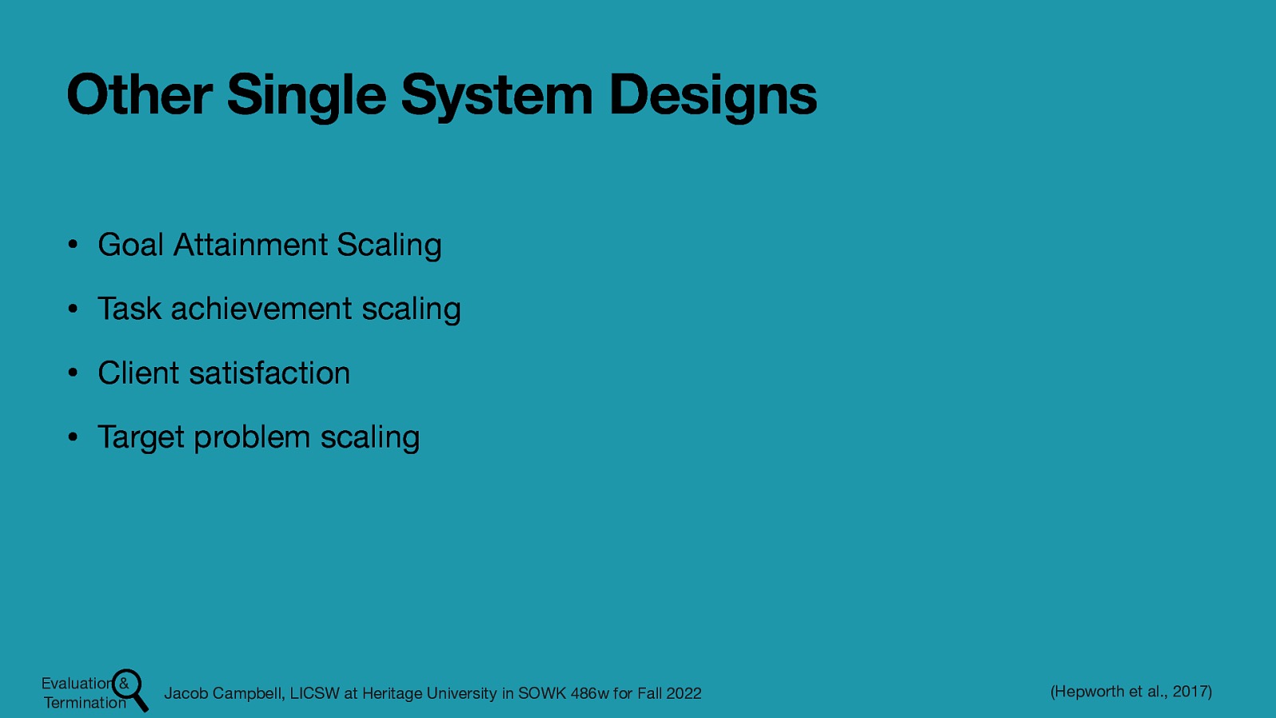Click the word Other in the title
139,95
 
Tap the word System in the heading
496,95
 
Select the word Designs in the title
712,95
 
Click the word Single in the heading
306,95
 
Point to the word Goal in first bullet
130,245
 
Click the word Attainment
250,245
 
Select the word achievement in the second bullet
261,309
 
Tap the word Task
128,309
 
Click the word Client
138,373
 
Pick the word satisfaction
270,373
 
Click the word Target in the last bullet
140,437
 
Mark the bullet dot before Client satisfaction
72,373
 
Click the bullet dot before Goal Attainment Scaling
72,245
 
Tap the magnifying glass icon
130,688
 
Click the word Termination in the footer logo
85,703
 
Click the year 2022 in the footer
683,693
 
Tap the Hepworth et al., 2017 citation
1131,692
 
